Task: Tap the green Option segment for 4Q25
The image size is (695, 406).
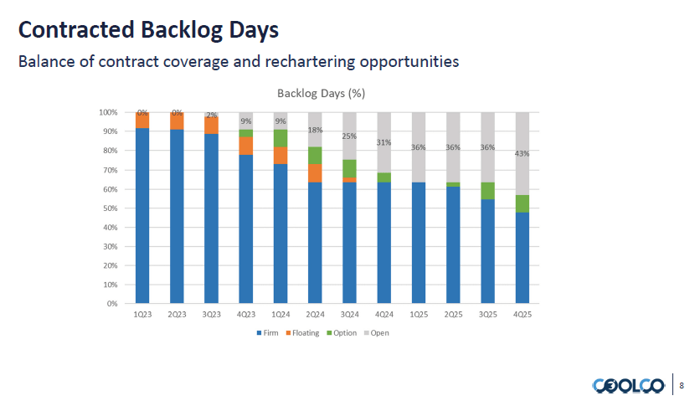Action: (x=522, y=203)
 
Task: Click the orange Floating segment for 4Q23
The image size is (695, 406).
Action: (x=246, y=146)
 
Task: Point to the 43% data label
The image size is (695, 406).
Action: (x=522, y=153)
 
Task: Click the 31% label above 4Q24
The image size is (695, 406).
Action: (x=384, y=142)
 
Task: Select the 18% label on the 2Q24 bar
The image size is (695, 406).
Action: (x=315, y=130)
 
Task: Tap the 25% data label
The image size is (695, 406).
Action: (x=349, y=136)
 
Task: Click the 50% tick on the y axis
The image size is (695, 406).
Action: (x=109, y=208)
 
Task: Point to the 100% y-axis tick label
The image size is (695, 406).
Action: (x=108, y=112)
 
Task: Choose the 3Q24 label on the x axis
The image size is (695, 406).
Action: (x=349, y=315)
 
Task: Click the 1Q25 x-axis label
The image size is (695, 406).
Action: (x=418, y=315)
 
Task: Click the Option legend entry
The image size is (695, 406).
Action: (x=343, y=333)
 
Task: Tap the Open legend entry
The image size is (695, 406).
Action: (x=379, y=333)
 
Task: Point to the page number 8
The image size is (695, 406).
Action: (x=682, y=385)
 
